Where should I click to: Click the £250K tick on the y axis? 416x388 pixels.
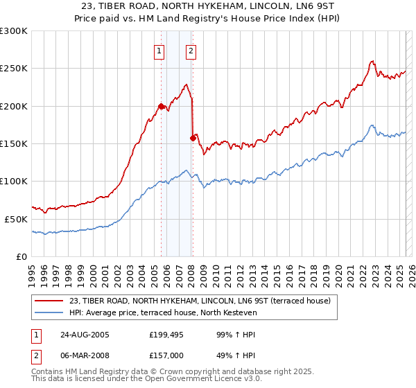[x=15, y=69]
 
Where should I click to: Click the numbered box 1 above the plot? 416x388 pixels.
[x=159, y=50]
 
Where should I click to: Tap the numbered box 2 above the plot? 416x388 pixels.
[x=190, y=50]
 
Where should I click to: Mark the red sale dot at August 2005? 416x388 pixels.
[x=161, y=106]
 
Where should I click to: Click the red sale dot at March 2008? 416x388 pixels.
[x=192, y=138]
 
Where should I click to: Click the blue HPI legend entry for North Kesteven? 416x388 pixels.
[x=163, y=313]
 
